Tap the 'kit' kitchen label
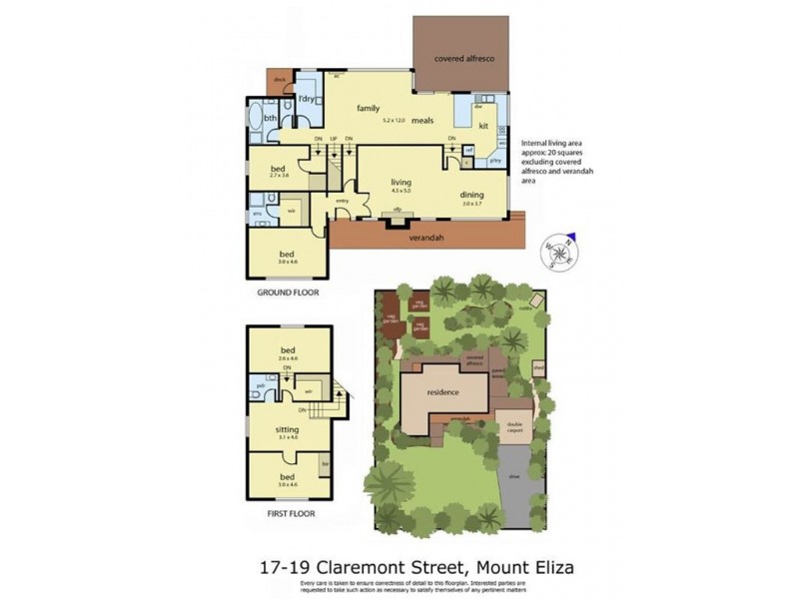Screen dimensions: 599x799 tap(482, 126)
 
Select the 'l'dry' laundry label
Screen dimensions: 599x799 tap(307, 100)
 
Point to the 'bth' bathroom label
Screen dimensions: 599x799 tap(270, 119)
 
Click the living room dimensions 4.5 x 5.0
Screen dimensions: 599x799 tap(400, 191)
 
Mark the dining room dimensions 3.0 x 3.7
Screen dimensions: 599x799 tap(472, 204)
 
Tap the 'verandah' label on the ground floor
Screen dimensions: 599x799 tap(425, 238)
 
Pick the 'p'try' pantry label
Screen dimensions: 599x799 tap(493, 161)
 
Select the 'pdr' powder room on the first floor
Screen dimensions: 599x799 tap(260, 384)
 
